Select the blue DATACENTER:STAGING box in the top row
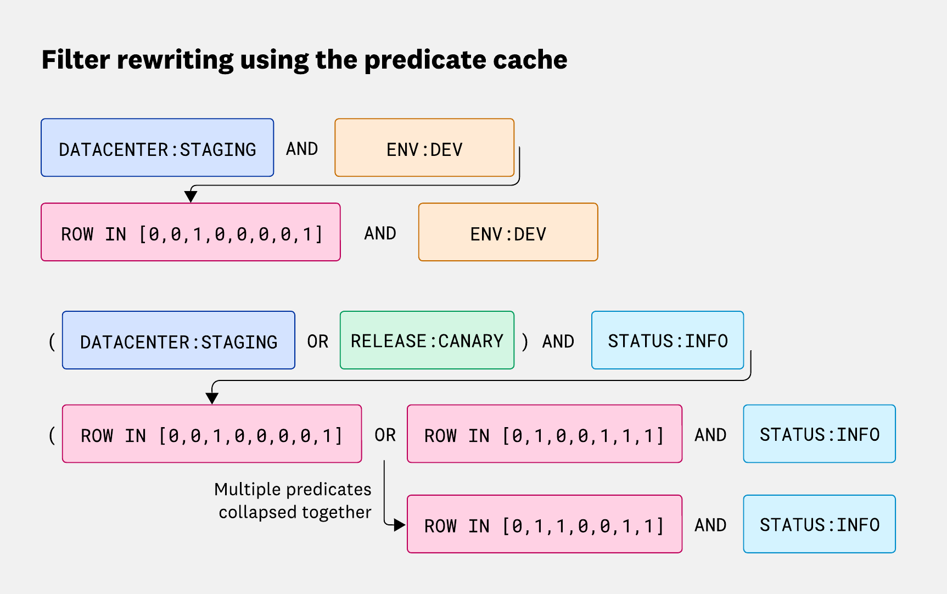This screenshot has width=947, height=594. pos(157,148)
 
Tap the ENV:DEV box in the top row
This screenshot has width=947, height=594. pos(424,148)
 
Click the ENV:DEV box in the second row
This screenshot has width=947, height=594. pos(508,232)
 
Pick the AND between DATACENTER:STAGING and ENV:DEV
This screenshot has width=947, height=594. pos(302,149)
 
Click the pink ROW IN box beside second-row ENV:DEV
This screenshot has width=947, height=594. pos(190,232)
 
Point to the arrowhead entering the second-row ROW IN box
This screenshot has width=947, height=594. pos(190,197)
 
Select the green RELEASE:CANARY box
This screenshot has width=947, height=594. pos(427,340)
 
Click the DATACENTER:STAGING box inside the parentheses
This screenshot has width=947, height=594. pos(178,340)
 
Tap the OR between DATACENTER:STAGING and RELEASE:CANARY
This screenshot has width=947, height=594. pos(317,341)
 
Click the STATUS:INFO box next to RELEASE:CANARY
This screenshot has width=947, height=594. pos(667,340)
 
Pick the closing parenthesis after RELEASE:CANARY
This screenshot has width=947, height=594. pos(525,341)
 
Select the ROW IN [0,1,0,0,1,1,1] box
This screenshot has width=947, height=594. pos(544,434)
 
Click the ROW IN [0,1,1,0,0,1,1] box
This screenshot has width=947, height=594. pos(544,524)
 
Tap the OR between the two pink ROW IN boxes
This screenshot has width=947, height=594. pos(385,435)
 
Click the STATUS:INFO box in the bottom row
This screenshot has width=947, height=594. pos(819,524)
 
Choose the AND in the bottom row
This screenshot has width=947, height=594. pos(710,525)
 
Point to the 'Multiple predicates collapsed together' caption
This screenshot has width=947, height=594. pos(294,501)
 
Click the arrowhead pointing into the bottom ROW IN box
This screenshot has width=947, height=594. pos(399,525)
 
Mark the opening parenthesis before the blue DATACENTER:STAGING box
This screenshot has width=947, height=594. pos(52,341)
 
